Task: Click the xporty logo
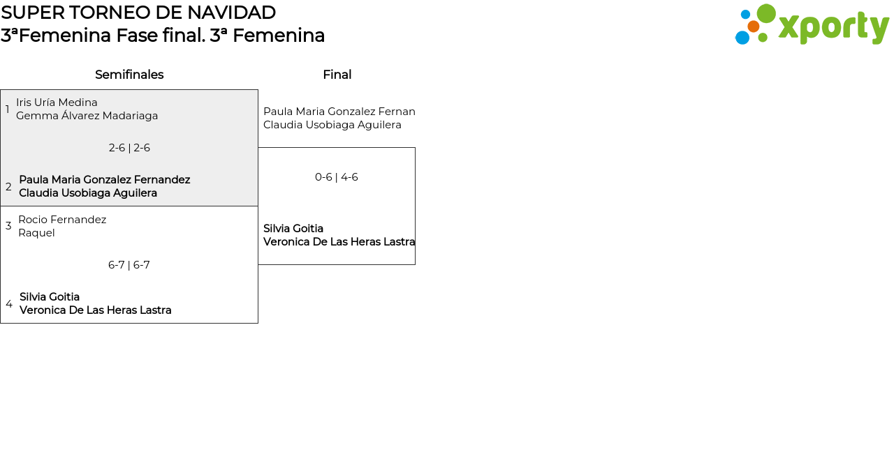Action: [812, 25]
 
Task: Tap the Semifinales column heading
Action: [129, 75]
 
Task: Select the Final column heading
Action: [337, 75]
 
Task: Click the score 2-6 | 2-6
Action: [129, 148]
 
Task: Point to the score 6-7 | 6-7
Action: [129, 265]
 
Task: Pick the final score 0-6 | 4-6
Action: [337, 177]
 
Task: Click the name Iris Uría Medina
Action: [57, 103]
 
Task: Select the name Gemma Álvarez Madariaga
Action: [87, 116]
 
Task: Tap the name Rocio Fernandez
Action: [62, 220]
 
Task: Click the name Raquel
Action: [36, 233]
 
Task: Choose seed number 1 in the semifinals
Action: [8, 109]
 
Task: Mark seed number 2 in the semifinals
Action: [8, 187]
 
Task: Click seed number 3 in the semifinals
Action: [8, 226]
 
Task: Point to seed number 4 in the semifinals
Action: [9, 304]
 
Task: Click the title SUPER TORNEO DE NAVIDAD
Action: [138, 13]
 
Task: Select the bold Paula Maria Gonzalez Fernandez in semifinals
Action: [104, 180]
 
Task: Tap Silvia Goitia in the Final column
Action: [293, 229]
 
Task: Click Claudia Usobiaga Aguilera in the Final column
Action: [332, 125]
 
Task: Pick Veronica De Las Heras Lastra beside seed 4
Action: [95, 310]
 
